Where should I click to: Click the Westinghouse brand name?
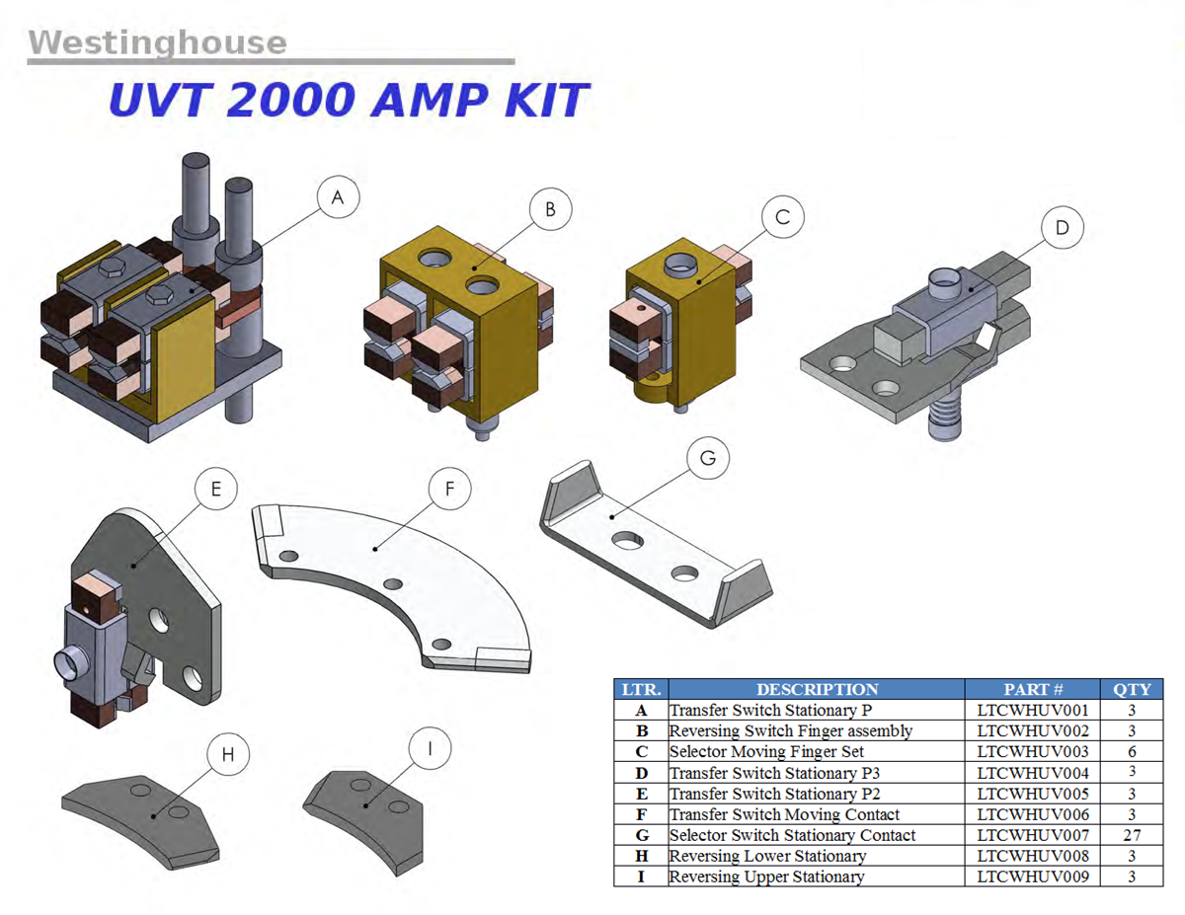point(157,42)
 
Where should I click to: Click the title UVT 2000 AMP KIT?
point(348,101)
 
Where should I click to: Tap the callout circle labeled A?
point(338,198)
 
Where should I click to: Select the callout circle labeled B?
point(550,209)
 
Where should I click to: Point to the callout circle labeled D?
point(1063,228)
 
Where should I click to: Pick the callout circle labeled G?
point(707,459)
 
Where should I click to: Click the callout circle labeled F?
point(450,491)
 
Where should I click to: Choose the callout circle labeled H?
point(228,755)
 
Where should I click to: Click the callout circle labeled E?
point(216,489)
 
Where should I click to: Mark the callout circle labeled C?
point(783,217)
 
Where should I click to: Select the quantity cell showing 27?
point(1132,835)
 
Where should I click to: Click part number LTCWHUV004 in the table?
point(1033,773)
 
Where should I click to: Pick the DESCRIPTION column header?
point(817,689)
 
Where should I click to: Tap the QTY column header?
point(1132,689)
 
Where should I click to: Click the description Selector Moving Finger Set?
point(766,752)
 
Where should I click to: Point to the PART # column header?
point(1033,689)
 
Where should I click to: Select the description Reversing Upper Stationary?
point(766,877)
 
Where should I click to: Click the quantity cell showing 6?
point(1132,752)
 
